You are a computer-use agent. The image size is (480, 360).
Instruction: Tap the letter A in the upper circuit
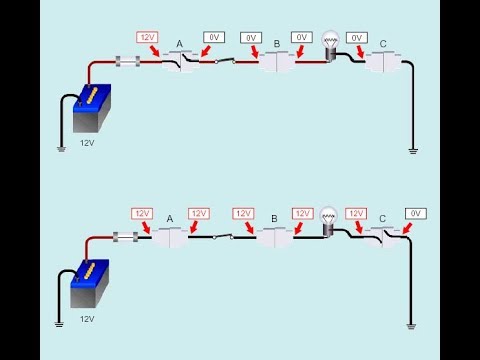pos(179,43)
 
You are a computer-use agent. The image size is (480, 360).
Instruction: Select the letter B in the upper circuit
pos(277,43)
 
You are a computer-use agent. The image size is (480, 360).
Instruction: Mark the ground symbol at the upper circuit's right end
pos(412,151)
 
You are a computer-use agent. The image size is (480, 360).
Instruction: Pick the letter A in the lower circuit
pos(170,218)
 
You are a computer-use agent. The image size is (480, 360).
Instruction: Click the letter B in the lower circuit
pos(273,218)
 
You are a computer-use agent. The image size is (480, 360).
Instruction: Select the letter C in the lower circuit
pos(383,218)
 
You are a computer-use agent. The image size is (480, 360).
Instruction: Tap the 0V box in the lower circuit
pos(417,213)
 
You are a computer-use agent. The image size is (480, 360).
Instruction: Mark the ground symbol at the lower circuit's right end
pos(412,325)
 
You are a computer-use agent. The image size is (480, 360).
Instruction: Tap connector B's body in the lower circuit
pos(273,238)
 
